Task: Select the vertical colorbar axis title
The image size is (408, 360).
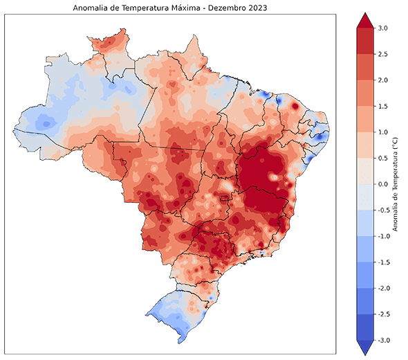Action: click(395, 183)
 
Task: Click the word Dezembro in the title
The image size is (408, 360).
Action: click(228, 8)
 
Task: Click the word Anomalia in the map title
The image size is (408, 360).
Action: click(90, 8)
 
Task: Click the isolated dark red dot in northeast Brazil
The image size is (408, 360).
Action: click(295, 107)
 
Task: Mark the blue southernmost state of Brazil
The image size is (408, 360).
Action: click(176, 312)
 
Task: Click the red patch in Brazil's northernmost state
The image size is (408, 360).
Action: click(104, 45)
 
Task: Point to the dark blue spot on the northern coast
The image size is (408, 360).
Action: click(279, 101)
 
